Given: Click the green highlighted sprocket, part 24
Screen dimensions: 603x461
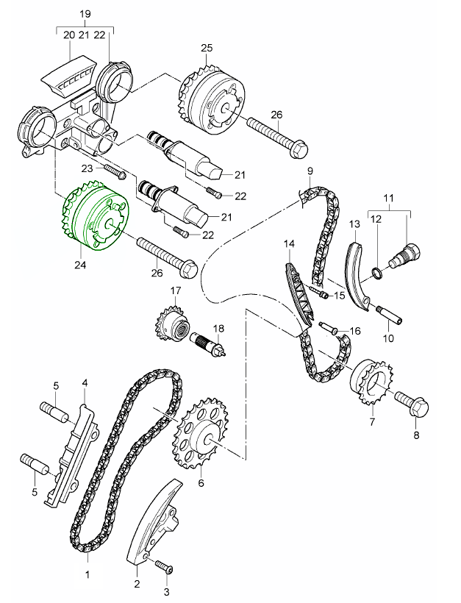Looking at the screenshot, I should [88, 218].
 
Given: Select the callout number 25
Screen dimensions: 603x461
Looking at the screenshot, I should [207, 49].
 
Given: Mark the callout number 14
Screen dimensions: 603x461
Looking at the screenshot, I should [288, 243].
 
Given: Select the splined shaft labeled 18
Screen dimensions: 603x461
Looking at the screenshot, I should [212, 343].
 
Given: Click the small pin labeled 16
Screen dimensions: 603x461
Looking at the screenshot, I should [332, 328].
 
